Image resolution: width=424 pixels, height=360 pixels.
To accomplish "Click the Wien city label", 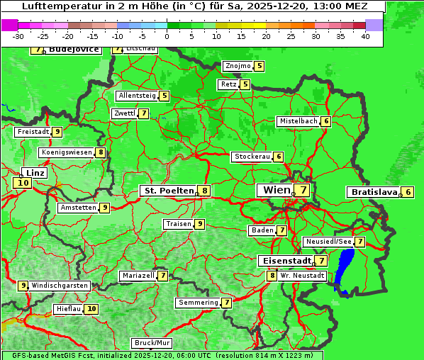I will pyautogui.click(x=276, y=190).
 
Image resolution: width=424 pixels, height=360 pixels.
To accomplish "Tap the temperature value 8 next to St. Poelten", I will pyautogui.click(x=204, y=191).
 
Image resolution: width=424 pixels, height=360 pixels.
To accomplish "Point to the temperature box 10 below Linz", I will pyautogui.click(x=22, y=183).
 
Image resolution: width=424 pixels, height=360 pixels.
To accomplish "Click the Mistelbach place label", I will pyautogui.click(x=298, y=121).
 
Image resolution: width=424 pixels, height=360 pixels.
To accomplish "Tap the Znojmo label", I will pyautogui.click(x=238, y=66).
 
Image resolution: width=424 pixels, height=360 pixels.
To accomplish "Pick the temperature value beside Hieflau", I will pyautogui.click(x=91, y=309).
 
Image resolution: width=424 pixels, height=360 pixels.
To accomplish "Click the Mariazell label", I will pyautogui.click(x=138, y=275).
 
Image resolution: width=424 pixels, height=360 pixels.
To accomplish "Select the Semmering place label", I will pyautogui.click(x=199, y=303).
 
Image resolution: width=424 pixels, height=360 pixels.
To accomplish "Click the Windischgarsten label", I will pyautogui.click(x=60, y=286).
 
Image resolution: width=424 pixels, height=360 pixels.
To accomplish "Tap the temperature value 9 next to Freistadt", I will pyautogui.click(x=57, y=132).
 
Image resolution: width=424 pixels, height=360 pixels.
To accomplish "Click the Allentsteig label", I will pyautogui.click(x=137, y=96).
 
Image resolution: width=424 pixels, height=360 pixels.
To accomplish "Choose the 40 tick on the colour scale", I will pyautogui.click(x=365, y=36).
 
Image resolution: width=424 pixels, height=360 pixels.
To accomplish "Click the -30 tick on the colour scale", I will pyautogui.click(x=18, y=36).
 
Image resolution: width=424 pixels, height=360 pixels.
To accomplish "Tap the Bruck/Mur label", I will pyautogui.click(x=152, y=343).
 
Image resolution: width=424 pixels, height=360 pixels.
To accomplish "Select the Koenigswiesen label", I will pyautogui.click(x=67, y=152).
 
